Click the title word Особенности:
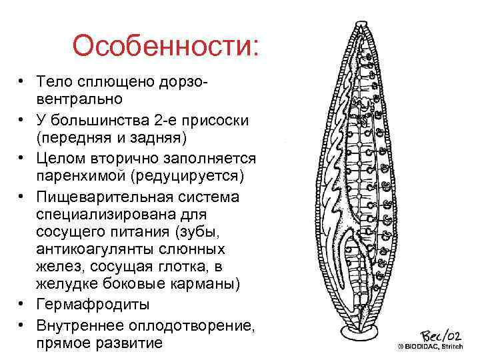pos(165,46)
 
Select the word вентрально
pos(79,99)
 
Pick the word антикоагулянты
pos(93,249)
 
